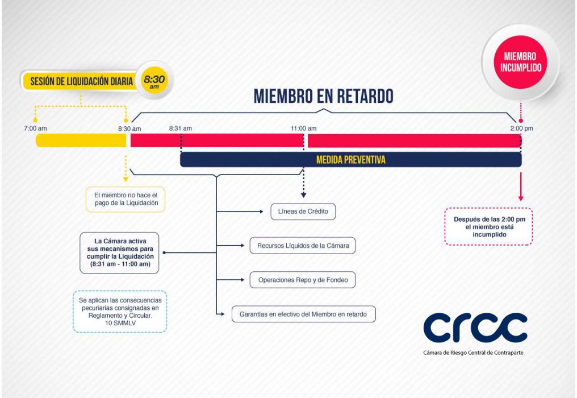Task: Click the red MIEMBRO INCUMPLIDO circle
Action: pos(520,62)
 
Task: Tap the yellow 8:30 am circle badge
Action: pos(154,80)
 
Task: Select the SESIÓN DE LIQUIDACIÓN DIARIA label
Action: pos(81,81)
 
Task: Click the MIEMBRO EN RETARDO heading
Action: pos(324,96)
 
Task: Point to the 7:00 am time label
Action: pos(35,128)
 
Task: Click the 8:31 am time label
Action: pos(181,128)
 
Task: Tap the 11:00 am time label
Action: pos(304,128)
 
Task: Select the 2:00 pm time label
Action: pos(521,128)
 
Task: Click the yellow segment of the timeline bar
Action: pos(81,140)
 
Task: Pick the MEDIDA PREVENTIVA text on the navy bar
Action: pos(351,160)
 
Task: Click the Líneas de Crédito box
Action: pos(303,212)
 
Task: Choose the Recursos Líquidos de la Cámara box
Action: pos(303,246)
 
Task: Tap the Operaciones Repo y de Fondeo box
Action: pos(303,280)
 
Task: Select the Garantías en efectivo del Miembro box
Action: pos(304,314)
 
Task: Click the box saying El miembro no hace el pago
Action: pos(126,200)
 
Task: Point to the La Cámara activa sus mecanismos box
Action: pos(120,253)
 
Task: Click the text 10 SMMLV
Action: pos(120,323)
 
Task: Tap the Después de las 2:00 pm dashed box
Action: pos(488,227)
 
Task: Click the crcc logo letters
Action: pos(475,327)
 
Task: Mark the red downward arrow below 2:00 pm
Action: pos(521,186)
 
